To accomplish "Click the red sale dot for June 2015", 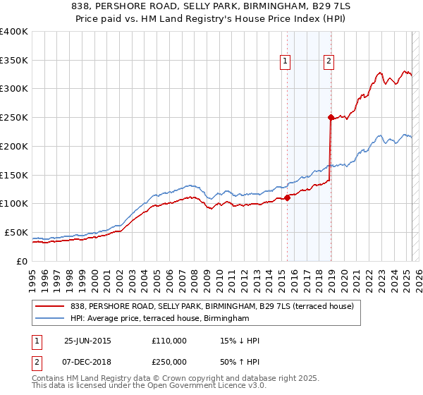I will click(288, 198).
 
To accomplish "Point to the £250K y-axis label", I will click(14, 118).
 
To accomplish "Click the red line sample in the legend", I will click(50, 306).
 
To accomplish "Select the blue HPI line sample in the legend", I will click(50, 319).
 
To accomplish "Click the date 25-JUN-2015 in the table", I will click(87, 341).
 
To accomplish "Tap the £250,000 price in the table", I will click(169, 361).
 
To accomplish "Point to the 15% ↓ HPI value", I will click(240, 341).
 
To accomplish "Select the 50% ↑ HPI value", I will click(240, 361).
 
